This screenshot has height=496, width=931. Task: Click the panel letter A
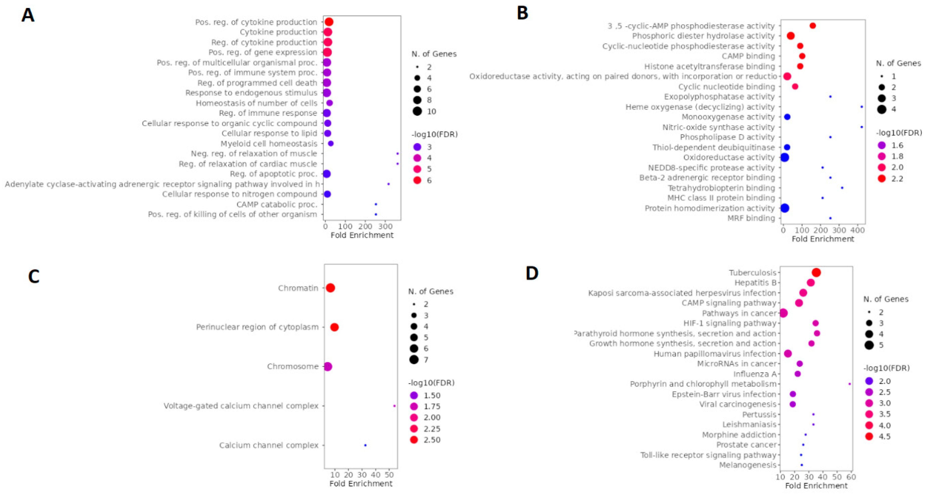[28, 15]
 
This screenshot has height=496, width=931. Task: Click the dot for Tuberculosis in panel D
[816, 273]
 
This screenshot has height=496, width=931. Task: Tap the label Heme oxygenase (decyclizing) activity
[700, 107]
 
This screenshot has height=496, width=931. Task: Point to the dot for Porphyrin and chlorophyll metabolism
[849, 384]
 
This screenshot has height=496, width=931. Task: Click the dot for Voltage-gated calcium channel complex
[394, 406]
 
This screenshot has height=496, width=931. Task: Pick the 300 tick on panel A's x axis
[385, 227]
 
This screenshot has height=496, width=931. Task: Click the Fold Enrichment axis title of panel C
[361, 483]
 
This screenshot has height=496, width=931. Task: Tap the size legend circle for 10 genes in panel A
[417, 111]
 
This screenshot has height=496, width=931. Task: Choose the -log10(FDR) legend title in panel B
[899, 133]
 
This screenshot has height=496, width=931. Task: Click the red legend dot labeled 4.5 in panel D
[869, 436]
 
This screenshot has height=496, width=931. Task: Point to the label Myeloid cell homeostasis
[269, 143]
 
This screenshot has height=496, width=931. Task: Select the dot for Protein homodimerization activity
[785, 208]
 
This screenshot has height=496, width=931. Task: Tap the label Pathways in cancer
[739, 313]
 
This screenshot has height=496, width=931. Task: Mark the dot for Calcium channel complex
[365, 445]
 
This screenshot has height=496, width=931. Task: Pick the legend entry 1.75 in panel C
[432, 406]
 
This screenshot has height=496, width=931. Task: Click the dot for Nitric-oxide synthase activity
[862, 127]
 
